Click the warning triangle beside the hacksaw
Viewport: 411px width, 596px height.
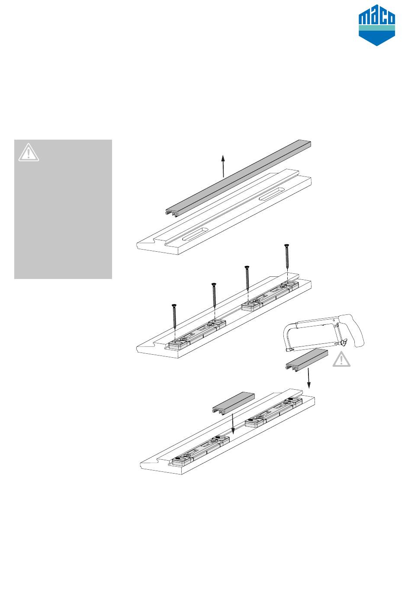click(x=342, y=360)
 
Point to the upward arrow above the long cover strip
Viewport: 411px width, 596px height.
click(x=223, y=166)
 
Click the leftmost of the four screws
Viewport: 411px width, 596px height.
click(x=174, y=318)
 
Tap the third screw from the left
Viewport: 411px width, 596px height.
click(x=247, y=279)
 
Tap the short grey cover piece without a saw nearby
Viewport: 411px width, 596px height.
click(x=233, y=402)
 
